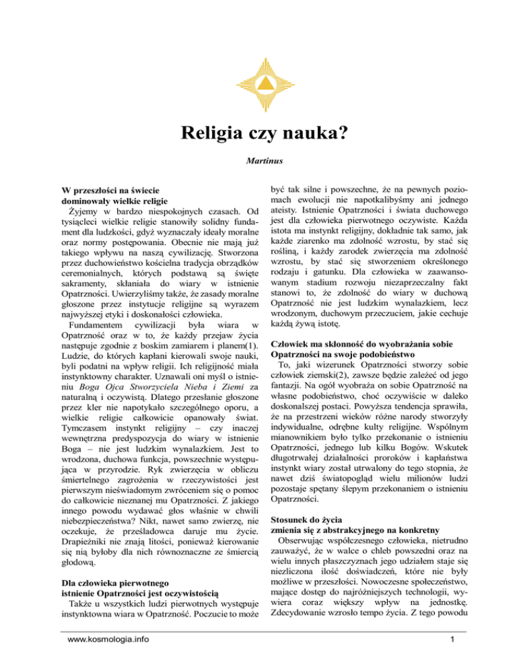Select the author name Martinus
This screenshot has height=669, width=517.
point(258,162)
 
